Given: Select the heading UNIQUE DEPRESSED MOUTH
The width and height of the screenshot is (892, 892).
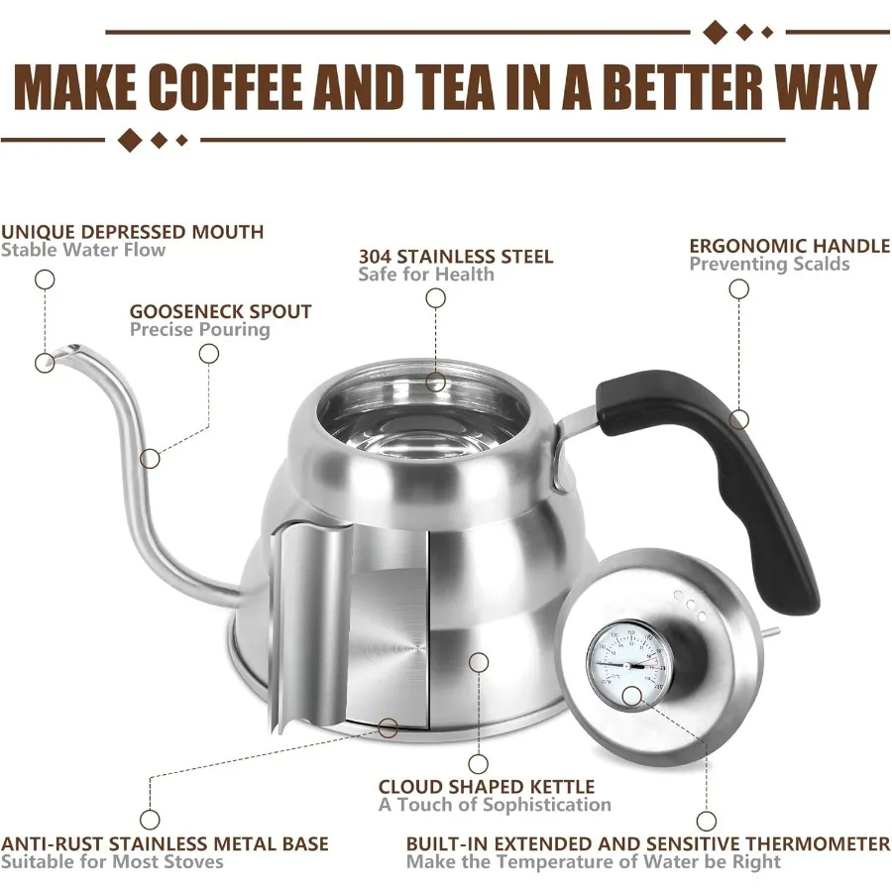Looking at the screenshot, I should pos(132,232).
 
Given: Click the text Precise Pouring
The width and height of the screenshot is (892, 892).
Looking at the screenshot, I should pos(199,330).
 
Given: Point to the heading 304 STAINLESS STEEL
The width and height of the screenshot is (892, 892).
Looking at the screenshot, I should pos(456,256).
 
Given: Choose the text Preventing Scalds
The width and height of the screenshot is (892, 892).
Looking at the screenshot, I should pos(769,265).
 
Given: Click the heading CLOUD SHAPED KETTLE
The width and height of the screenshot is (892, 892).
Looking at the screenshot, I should pos(486,787).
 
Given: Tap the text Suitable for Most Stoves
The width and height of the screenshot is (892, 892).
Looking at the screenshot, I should pos(112,861).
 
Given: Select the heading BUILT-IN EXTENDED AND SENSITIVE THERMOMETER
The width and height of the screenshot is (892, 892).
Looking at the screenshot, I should pos(647,843).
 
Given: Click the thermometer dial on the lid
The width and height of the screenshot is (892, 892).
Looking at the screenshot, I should pos(626,662).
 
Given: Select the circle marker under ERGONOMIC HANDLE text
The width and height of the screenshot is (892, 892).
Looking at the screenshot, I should pos(738,289).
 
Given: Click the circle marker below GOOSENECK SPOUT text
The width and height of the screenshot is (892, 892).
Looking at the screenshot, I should pos(208,353).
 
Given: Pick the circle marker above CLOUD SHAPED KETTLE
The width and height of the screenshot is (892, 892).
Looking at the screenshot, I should pos(479,763).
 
